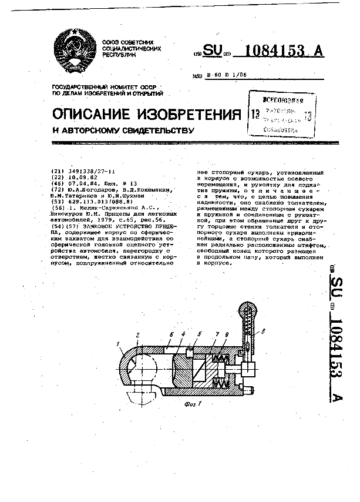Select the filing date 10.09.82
[x=81, y=177]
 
